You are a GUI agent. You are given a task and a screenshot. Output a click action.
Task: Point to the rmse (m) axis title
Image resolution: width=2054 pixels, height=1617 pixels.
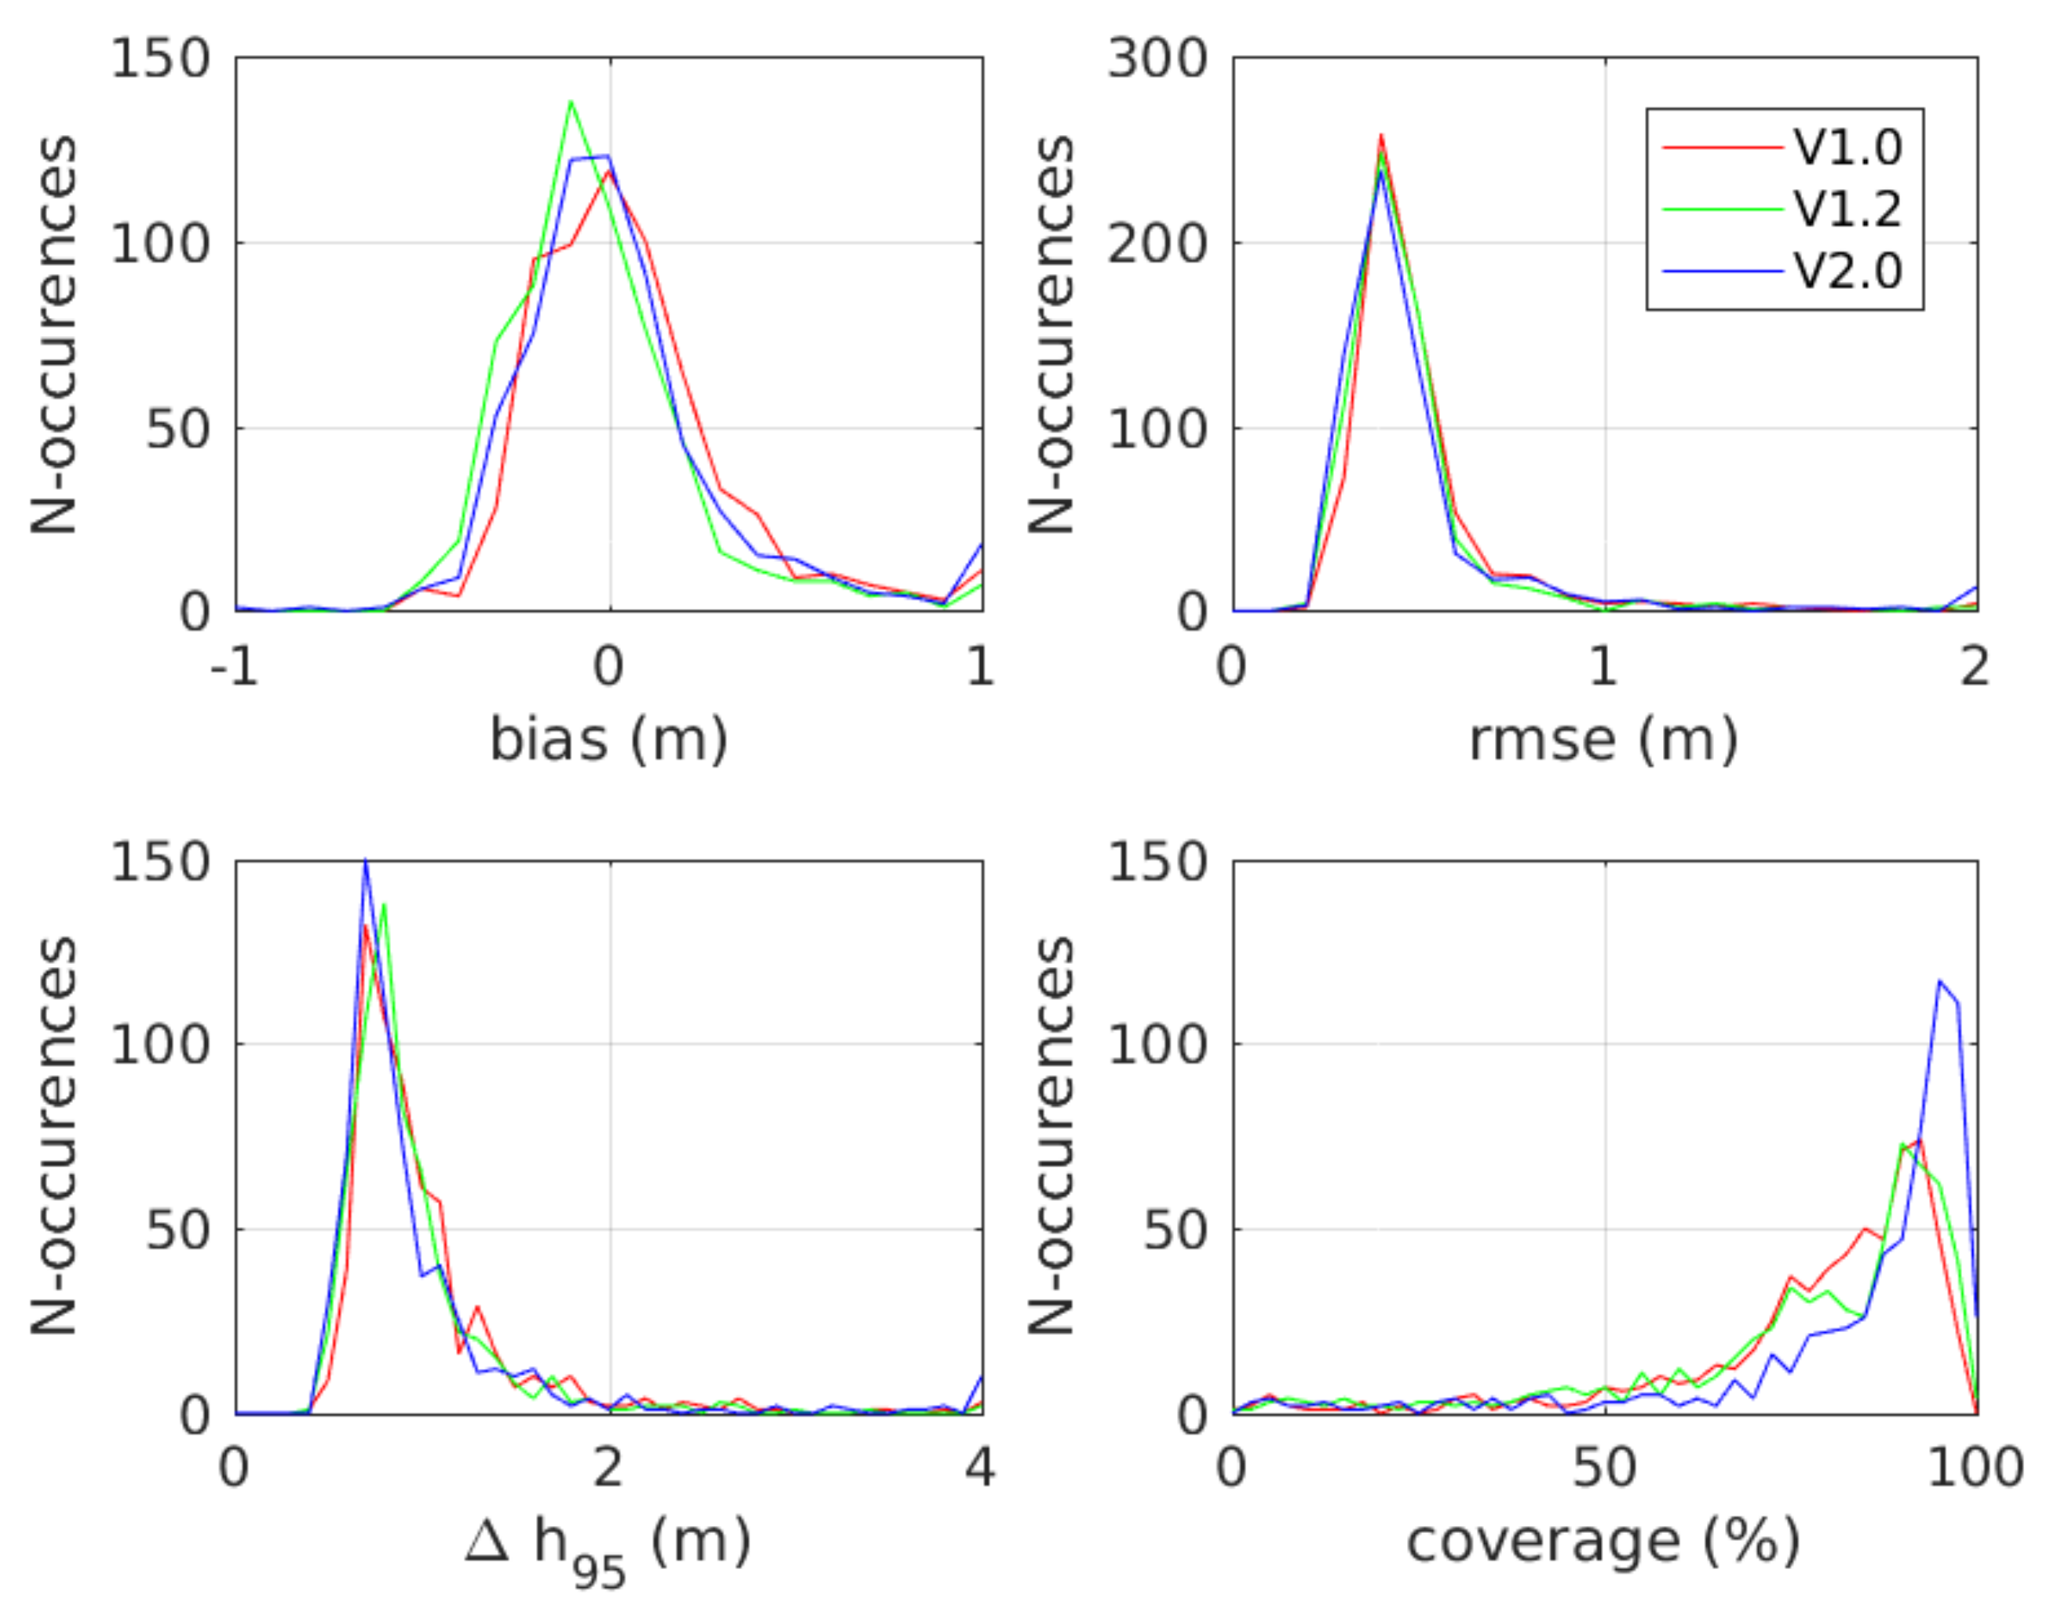1603,739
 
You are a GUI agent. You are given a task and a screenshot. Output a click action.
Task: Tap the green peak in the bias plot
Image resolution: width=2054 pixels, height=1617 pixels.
570,102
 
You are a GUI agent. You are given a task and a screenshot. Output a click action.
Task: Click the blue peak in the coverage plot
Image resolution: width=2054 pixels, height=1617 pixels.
1939,981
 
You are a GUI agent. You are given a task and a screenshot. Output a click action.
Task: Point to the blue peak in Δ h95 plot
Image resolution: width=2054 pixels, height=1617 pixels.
366,862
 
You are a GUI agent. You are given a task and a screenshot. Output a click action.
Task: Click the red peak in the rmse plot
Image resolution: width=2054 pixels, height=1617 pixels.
1380,135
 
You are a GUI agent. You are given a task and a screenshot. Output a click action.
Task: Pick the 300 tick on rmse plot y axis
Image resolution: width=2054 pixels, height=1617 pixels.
1157,59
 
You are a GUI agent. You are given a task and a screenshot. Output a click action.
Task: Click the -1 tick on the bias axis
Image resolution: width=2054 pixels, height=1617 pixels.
234,667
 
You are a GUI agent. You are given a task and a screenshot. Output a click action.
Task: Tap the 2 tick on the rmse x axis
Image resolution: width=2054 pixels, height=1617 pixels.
1975,667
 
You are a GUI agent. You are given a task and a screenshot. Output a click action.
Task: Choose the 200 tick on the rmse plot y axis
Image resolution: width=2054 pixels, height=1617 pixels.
1157,244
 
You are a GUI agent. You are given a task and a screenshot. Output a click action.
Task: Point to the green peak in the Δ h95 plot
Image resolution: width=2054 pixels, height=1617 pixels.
383,904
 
